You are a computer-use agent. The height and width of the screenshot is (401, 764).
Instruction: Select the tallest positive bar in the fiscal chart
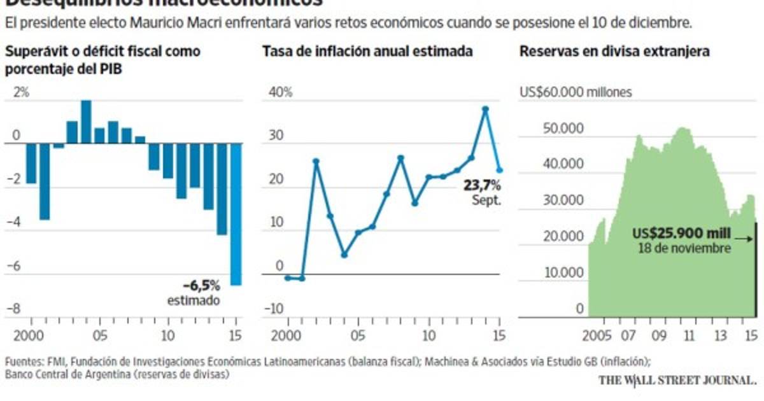pos(86,122)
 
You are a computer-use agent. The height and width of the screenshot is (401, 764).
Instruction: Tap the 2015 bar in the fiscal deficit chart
pos(236,214)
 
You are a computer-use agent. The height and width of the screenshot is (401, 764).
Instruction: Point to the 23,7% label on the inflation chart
pos(482,186)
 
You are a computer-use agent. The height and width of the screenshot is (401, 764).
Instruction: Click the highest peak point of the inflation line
pos(485,109)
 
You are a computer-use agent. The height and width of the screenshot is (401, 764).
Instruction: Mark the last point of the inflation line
pos(500,170)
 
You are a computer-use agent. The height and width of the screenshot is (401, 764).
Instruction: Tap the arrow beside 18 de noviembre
pos(744,240)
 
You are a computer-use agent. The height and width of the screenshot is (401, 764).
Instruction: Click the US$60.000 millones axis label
pos(576,92)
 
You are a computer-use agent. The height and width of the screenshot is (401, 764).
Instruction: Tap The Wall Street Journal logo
pos(677,381)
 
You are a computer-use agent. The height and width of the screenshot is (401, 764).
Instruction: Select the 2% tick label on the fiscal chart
pos(21,93)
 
